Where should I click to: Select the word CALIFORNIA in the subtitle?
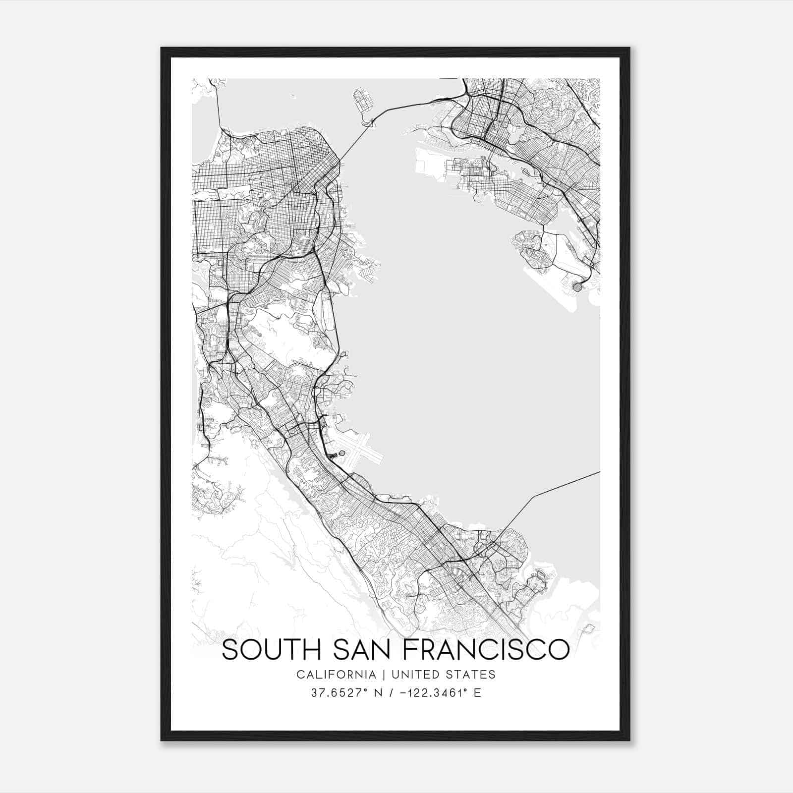[336, 675]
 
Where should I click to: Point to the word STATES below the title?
[473, 675]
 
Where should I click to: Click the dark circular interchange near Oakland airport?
[577, 286]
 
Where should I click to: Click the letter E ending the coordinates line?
[478, 693]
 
